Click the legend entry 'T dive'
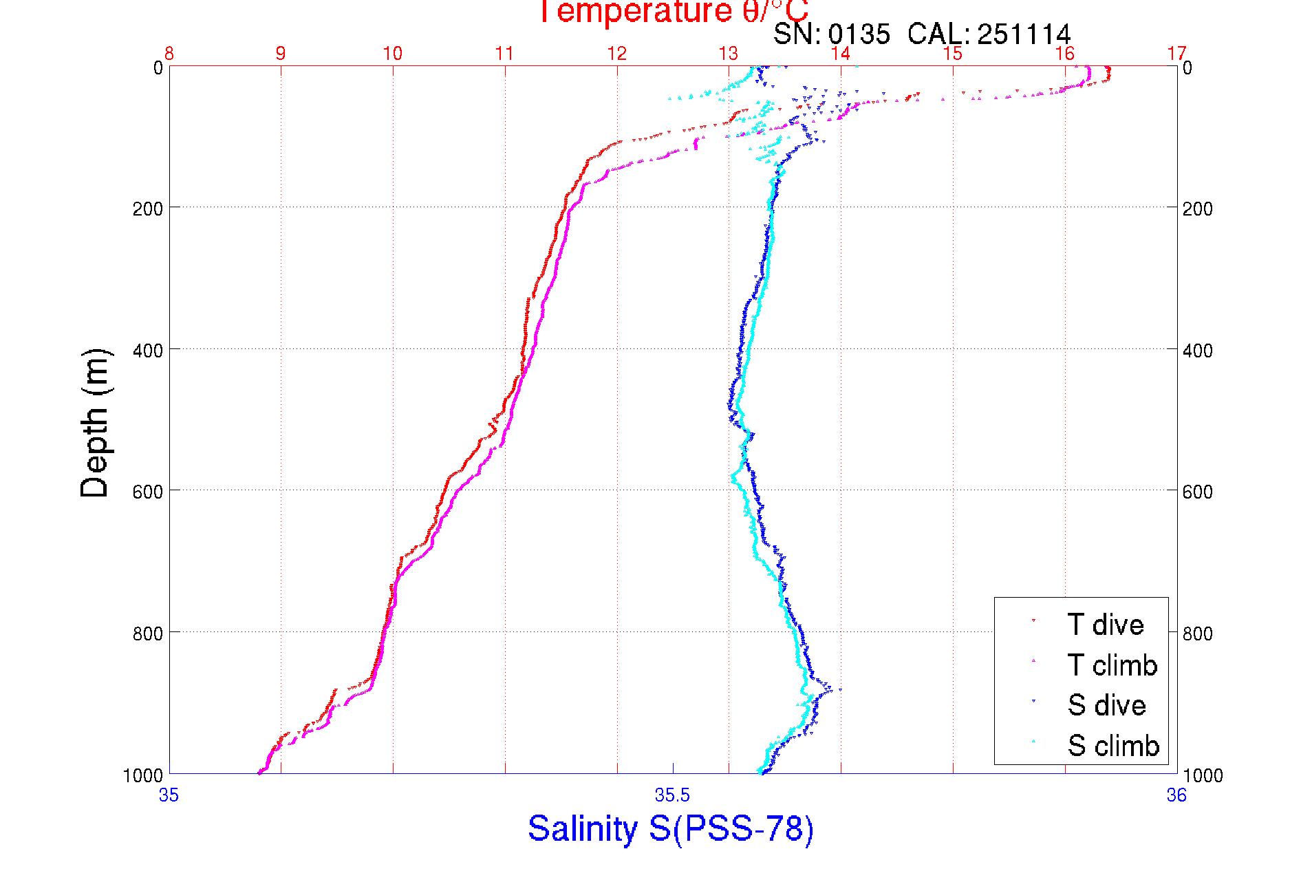pos(1105,625)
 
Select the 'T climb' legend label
pos(1112,665)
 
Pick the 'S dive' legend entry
pos(1106,705)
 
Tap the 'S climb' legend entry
pos(1113,746)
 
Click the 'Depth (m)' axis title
pos(95,423)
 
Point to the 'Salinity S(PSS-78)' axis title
pos(671,828)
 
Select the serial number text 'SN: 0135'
pos(831,34)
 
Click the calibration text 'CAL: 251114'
pos(989,34)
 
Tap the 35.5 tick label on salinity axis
pos(672,796)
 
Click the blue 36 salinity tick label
pos(1176,796)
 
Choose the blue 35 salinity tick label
pos(169,796)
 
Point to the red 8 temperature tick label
pos(169,54)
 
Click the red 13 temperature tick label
pos(729,54)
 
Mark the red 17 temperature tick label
pos(1176,54)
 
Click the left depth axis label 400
pos(147,350)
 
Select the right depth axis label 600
pos(1198,492)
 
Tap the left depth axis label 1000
pos(143,776)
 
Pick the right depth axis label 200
pos(1198,209)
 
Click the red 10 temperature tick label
pos(393,54)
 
